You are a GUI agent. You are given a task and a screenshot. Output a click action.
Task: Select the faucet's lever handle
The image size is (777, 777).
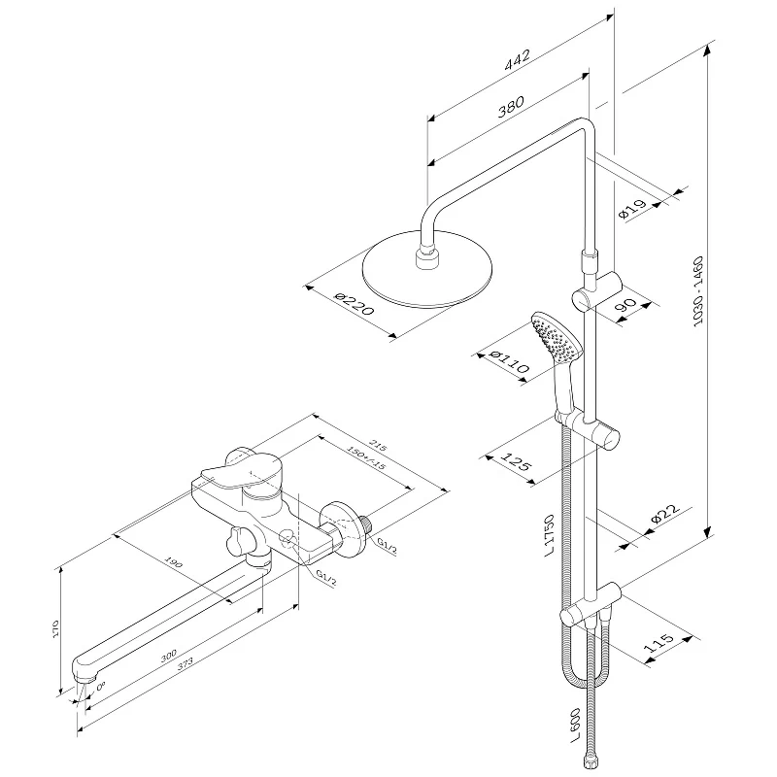point(233,475)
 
